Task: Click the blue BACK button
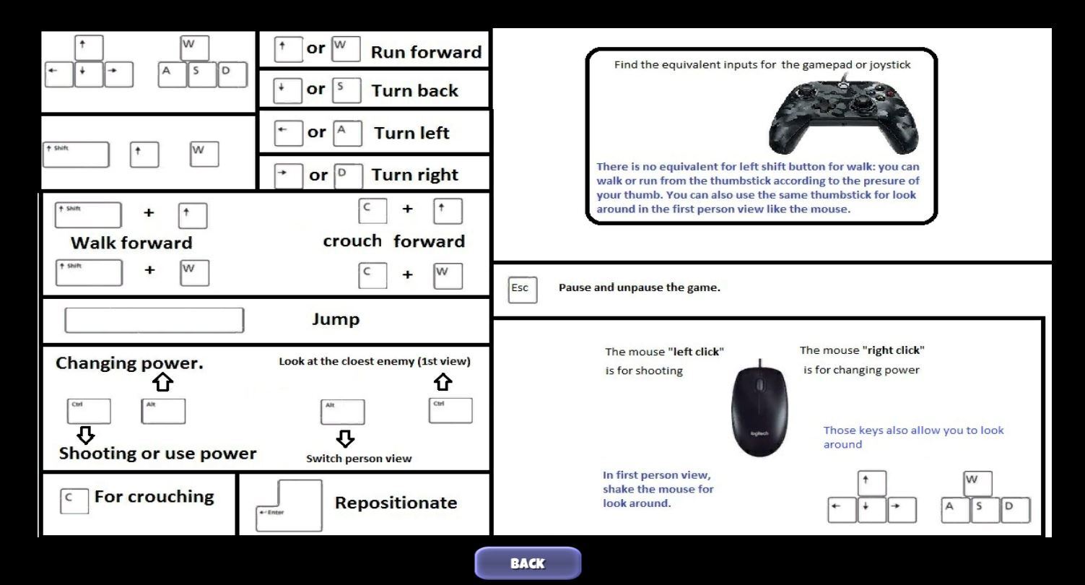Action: tap(527, 563)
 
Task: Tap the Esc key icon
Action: tap(522, 288)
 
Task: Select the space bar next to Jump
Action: tap(154, 320)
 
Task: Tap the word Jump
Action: tap(335, 319)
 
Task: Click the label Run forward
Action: tap(426, 52)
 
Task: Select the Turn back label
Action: tap(414, 91)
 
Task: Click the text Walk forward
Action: tap(131, 243)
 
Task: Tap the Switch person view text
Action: tap(359, 459)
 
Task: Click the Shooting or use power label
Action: tap(157, 454)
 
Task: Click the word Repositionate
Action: tap(396, 503)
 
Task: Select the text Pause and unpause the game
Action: tap(639, 287)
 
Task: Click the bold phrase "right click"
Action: tap(893, 350)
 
